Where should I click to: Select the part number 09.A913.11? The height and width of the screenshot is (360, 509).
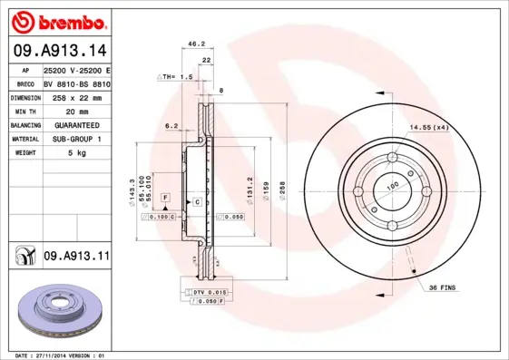(76, 258)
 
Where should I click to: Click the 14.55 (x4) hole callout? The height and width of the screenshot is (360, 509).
(428, 128)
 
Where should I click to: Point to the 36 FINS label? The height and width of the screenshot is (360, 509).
(443, 287)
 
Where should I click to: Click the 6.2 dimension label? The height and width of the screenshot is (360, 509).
(171, 126)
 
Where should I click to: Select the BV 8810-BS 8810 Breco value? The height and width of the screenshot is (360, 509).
(76, 82)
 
